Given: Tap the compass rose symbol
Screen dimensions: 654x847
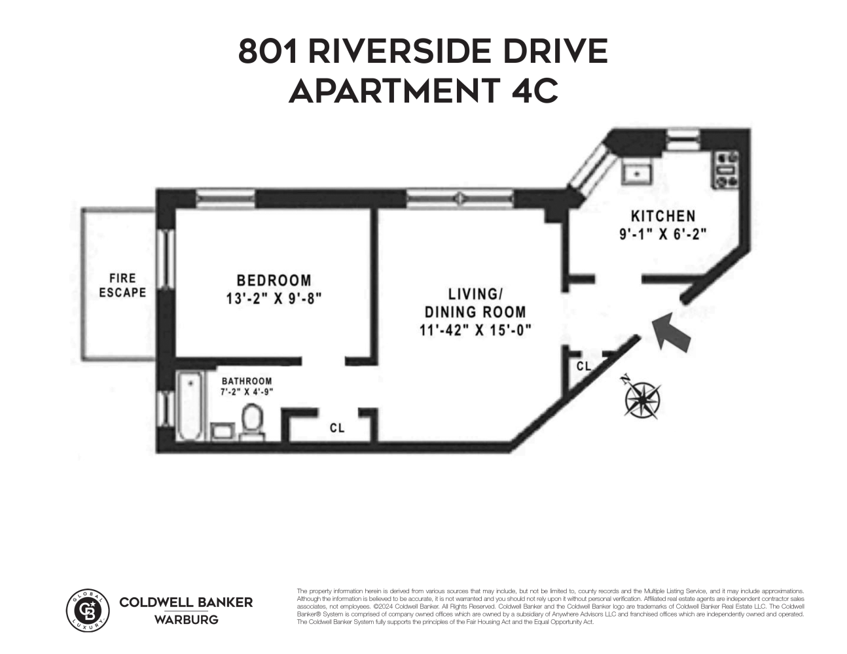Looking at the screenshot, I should [642, 398].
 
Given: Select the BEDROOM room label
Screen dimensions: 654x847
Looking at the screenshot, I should [274, 281].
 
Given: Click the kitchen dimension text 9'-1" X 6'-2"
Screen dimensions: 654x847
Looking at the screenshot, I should [663, 234].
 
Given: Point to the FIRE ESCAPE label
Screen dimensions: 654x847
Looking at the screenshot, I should [122, 286].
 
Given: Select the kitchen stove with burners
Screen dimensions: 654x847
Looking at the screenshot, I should [725, 170].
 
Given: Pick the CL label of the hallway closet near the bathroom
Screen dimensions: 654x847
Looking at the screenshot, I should [337, 428].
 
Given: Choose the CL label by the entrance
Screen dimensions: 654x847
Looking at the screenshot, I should [584, 367].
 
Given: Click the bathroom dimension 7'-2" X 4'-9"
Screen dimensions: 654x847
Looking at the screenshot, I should [246, 392].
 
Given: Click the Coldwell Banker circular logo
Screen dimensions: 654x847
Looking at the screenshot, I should [88, 610].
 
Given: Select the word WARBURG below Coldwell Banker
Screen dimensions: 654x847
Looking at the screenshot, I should [186, 619].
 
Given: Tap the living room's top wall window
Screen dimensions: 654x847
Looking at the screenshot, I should [460, 197].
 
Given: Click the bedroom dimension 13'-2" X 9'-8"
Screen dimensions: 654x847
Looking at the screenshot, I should [274, 299].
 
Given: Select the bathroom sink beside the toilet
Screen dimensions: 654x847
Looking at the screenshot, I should [222, 430].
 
